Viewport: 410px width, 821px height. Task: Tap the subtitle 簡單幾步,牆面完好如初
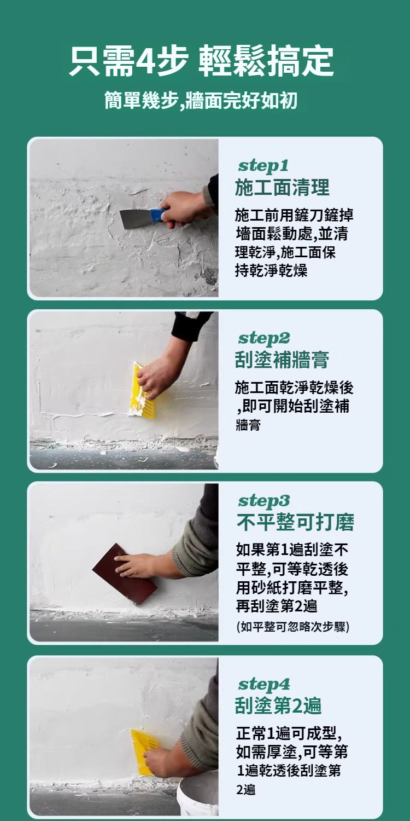click(201, 100)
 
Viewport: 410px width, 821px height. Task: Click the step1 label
click(263, 166)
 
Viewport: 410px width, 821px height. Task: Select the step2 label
click(264, 338)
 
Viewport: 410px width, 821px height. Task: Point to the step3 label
click(264, 501)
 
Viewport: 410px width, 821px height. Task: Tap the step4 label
click(264, 684)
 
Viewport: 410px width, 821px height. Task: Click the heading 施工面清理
click(282, 187)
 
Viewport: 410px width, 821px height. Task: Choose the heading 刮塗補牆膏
click(282, 360)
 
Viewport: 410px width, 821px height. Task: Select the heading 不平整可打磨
click(295, 522)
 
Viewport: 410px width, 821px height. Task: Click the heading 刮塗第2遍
click(278, 706)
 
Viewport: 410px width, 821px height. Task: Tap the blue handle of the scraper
click(158, 215)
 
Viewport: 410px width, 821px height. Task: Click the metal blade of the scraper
click(136, 219)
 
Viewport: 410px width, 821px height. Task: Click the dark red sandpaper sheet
click(125, 574)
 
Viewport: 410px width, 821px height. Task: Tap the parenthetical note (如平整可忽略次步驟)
click(293, 627)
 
